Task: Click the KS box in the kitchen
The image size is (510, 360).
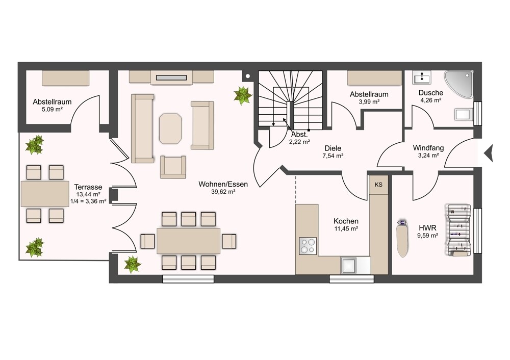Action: pos(378,185)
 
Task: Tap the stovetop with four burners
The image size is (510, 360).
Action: pos(308,246)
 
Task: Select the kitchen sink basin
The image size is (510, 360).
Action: pos(349,265)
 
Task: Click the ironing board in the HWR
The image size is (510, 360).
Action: pos(403,239)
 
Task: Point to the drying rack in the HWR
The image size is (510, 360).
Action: pos(458,230)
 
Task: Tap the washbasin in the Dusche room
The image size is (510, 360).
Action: pos(422,78)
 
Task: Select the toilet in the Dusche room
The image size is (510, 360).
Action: pos(464,114)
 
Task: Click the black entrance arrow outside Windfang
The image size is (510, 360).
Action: pos(489,153)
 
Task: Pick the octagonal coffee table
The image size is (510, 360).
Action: pos(170,128)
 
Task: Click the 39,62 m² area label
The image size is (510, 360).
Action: pos(223,192)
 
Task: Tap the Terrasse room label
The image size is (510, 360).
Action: pos(88,187)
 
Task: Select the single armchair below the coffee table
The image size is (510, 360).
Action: pos(173,167)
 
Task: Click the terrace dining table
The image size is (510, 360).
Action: pos(45,194)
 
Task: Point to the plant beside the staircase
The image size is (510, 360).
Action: pos(243,95)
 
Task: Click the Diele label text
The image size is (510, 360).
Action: pos(333,148)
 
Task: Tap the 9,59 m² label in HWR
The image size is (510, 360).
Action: pos(428,236)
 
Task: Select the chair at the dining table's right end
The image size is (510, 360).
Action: pos(229,241)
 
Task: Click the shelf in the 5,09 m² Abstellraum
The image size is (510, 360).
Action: pos(65,78)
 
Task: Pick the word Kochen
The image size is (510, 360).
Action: pos(346,221)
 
